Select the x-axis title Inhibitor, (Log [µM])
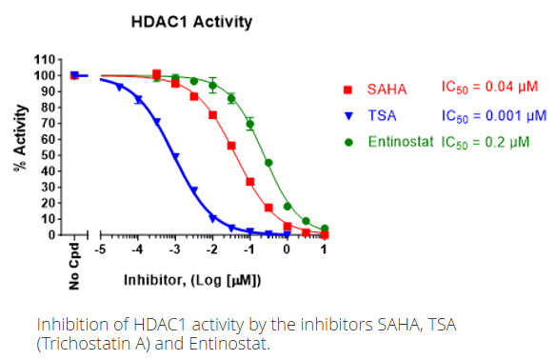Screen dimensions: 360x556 point(192,282)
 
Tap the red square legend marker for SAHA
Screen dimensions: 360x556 point(348,90)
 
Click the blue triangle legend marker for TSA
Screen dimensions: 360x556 point(348,116)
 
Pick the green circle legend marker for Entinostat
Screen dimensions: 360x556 point(348,143)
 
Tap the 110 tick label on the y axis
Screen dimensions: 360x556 point(44,60)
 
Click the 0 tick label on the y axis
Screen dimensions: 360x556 point(50,235)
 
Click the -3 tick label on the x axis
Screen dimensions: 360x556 point(173,250)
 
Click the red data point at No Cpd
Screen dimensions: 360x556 point(74,75)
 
